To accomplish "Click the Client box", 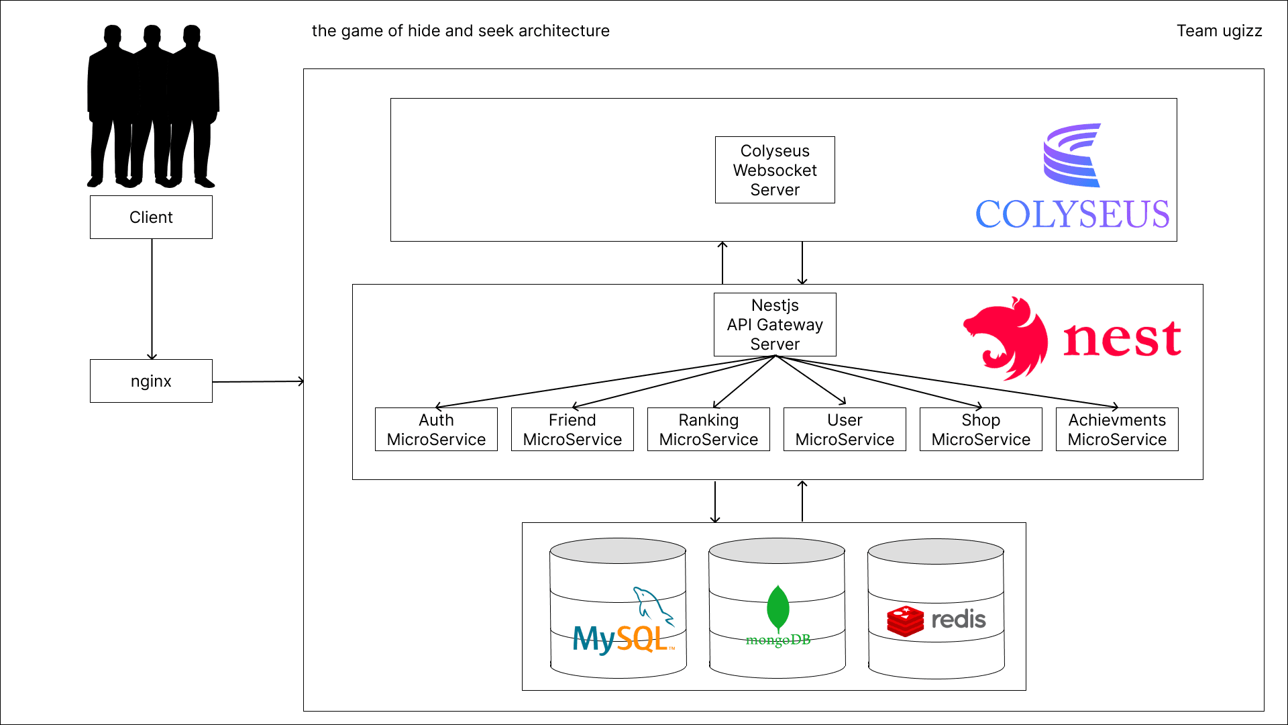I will (151, 217).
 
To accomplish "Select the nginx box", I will (151, 381).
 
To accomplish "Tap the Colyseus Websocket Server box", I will (775, 170).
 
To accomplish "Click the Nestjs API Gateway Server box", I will (775, 324).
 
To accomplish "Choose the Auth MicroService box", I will (436, 430).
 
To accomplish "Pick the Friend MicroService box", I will (572, 430).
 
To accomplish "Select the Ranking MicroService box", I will (708, 430).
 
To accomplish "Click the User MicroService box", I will (845, 430).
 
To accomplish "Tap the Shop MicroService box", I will (981, 430).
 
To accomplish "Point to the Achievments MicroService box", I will (1117, 430).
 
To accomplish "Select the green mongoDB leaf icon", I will (777, 608).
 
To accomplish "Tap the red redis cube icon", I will (905, 621).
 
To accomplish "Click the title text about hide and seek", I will (460, 31).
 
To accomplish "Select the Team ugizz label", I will (1219, 31).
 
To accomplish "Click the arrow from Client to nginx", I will (152, 299).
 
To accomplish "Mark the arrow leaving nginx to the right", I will (258, 381).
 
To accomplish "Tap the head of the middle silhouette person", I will (152, 35).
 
